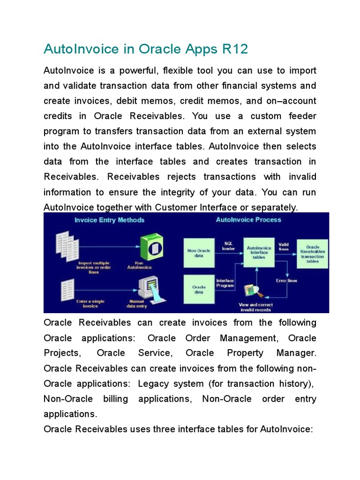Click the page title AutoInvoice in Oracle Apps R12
click(x=145, y=49)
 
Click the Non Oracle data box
click(x=199, y=253)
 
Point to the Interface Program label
click(x=225, y=283)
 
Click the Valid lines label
click(x=284, y=247)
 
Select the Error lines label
click(x=286, y=281)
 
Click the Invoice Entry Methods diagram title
click(x=110, y=220)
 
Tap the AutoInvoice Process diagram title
click(x=248, y=219)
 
